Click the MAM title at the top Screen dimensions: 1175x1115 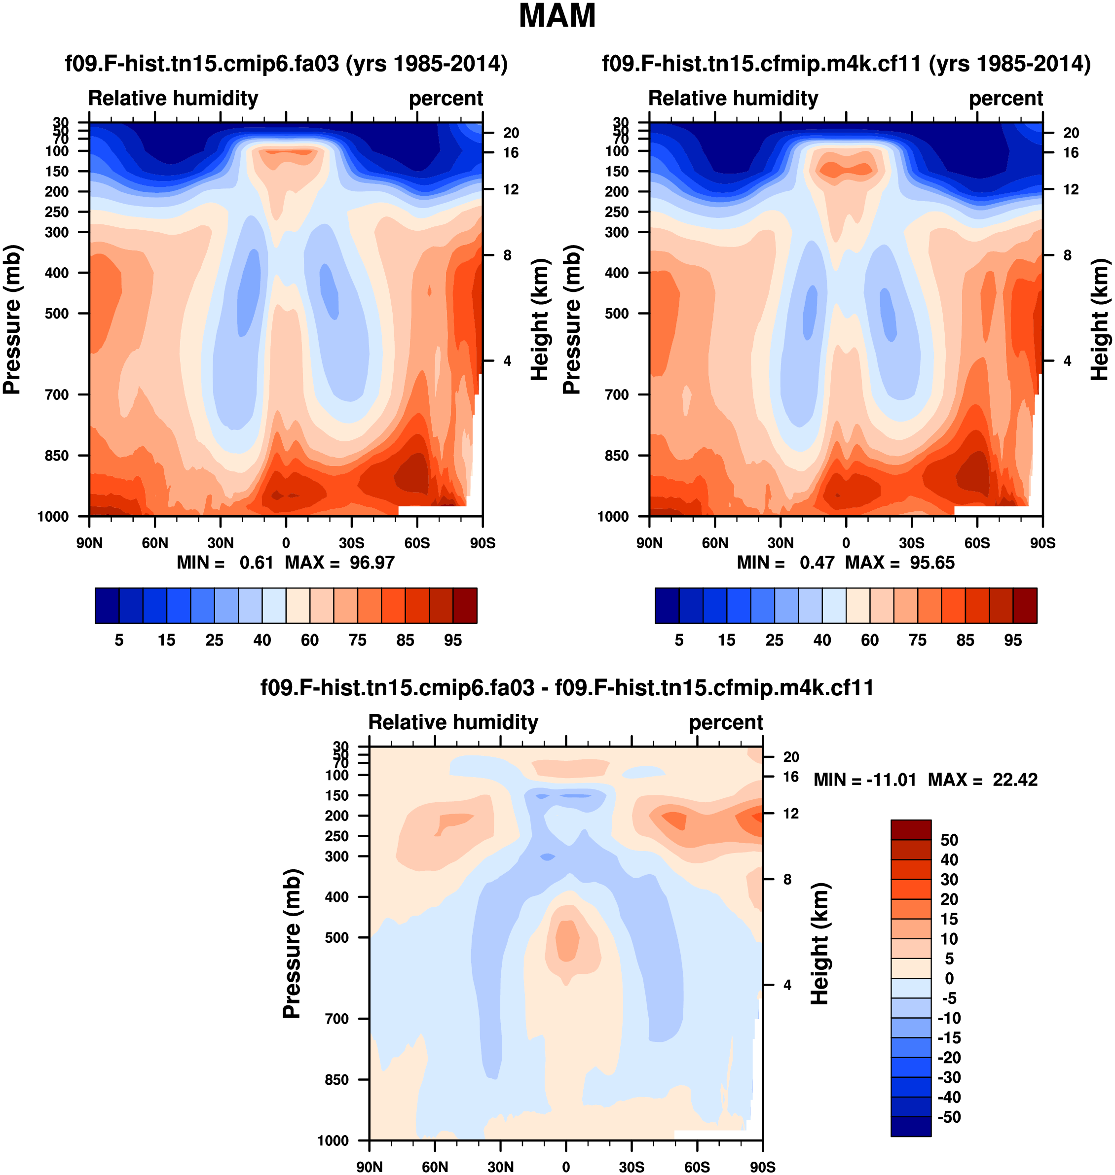(557, 16)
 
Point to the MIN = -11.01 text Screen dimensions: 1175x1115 (865, 780)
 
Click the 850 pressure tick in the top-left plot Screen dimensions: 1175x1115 (57, 456)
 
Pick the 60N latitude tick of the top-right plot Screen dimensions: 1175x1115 (715, 543)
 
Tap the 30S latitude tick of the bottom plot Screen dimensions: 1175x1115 (631, 1167)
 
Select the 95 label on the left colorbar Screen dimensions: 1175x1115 (453, 640)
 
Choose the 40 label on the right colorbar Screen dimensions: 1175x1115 (822, 640)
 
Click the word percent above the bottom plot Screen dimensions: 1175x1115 (726, 722)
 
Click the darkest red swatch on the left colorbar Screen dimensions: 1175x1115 (465, 605)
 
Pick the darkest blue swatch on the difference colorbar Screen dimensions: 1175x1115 (911, 1126)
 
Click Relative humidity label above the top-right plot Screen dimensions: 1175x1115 (733, 98)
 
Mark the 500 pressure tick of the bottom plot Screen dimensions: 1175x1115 (337, 937)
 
